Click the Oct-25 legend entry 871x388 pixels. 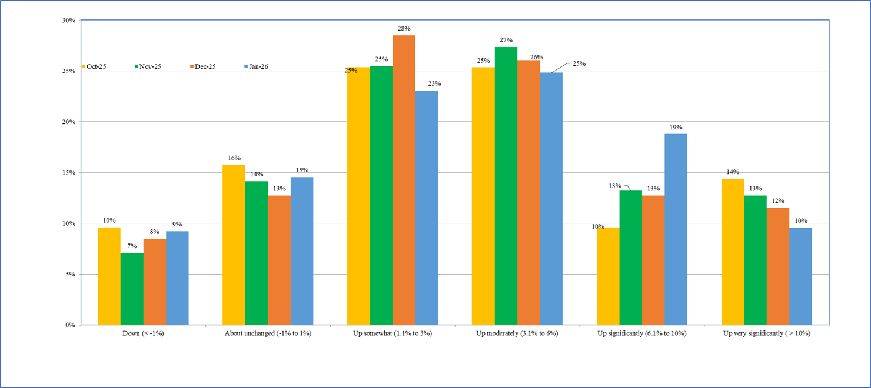pyautogui.click(x=97, y=66)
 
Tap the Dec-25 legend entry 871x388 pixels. pyautogui.click(x=203, y=66)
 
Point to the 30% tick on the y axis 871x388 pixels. pyautogui.click(x=69, y=21)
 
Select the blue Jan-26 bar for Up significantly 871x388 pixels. pyautogui.click(x=676, y=229)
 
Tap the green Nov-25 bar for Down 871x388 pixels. pyautogui.click(x=132, y=289)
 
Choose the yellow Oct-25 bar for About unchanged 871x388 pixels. pyautogui.click(x=234, y=245)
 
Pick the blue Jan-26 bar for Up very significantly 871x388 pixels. pyautogui.click(x=800, y=276)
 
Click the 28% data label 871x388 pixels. pyautogui.click(x=404, y=28)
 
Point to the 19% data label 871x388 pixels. pyautogui.click(x=676, y=127)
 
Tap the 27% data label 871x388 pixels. pyautogui.click(x=506, y=40)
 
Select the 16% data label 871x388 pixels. pyautogui.click(x=234, y=158)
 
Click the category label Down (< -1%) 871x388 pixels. pyautogui.click(x=143, y=333)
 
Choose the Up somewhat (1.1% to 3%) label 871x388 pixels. pyautogui.click(x=393, y=333)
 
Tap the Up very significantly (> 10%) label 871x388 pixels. pyautogui.click(x=766, y=333)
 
